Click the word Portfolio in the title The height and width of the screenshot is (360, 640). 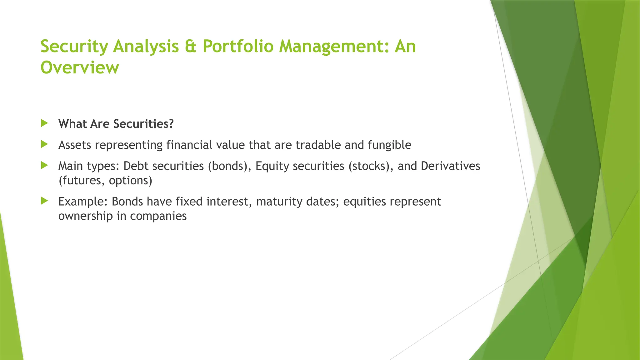pos(238,46)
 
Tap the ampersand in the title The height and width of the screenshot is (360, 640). pos(190,46)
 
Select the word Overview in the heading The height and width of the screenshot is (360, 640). pos(80,67)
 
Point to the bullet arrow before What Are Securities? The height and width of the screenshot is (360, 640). pos(44,123)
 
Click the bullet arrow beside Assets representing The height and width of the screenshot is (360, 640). pos(44,144)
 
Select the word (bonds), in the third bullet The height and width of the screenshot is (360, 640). pos(230,166)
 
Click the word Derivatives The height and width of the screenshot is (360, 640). pos(450,166)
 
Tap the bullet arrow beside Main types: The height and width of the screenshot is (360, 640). pos(44,165)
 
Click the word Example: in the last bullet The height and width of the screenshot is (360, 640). pos(83,202)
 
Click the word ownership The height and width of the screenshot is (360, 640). pos(85,216)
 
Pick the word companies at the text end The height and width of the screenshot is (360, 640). pos(158,216)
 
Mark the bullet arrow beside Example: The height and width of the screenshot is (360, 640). pos(44,201)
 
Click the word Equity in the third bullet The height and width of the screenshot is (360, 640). pos(272,166)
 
